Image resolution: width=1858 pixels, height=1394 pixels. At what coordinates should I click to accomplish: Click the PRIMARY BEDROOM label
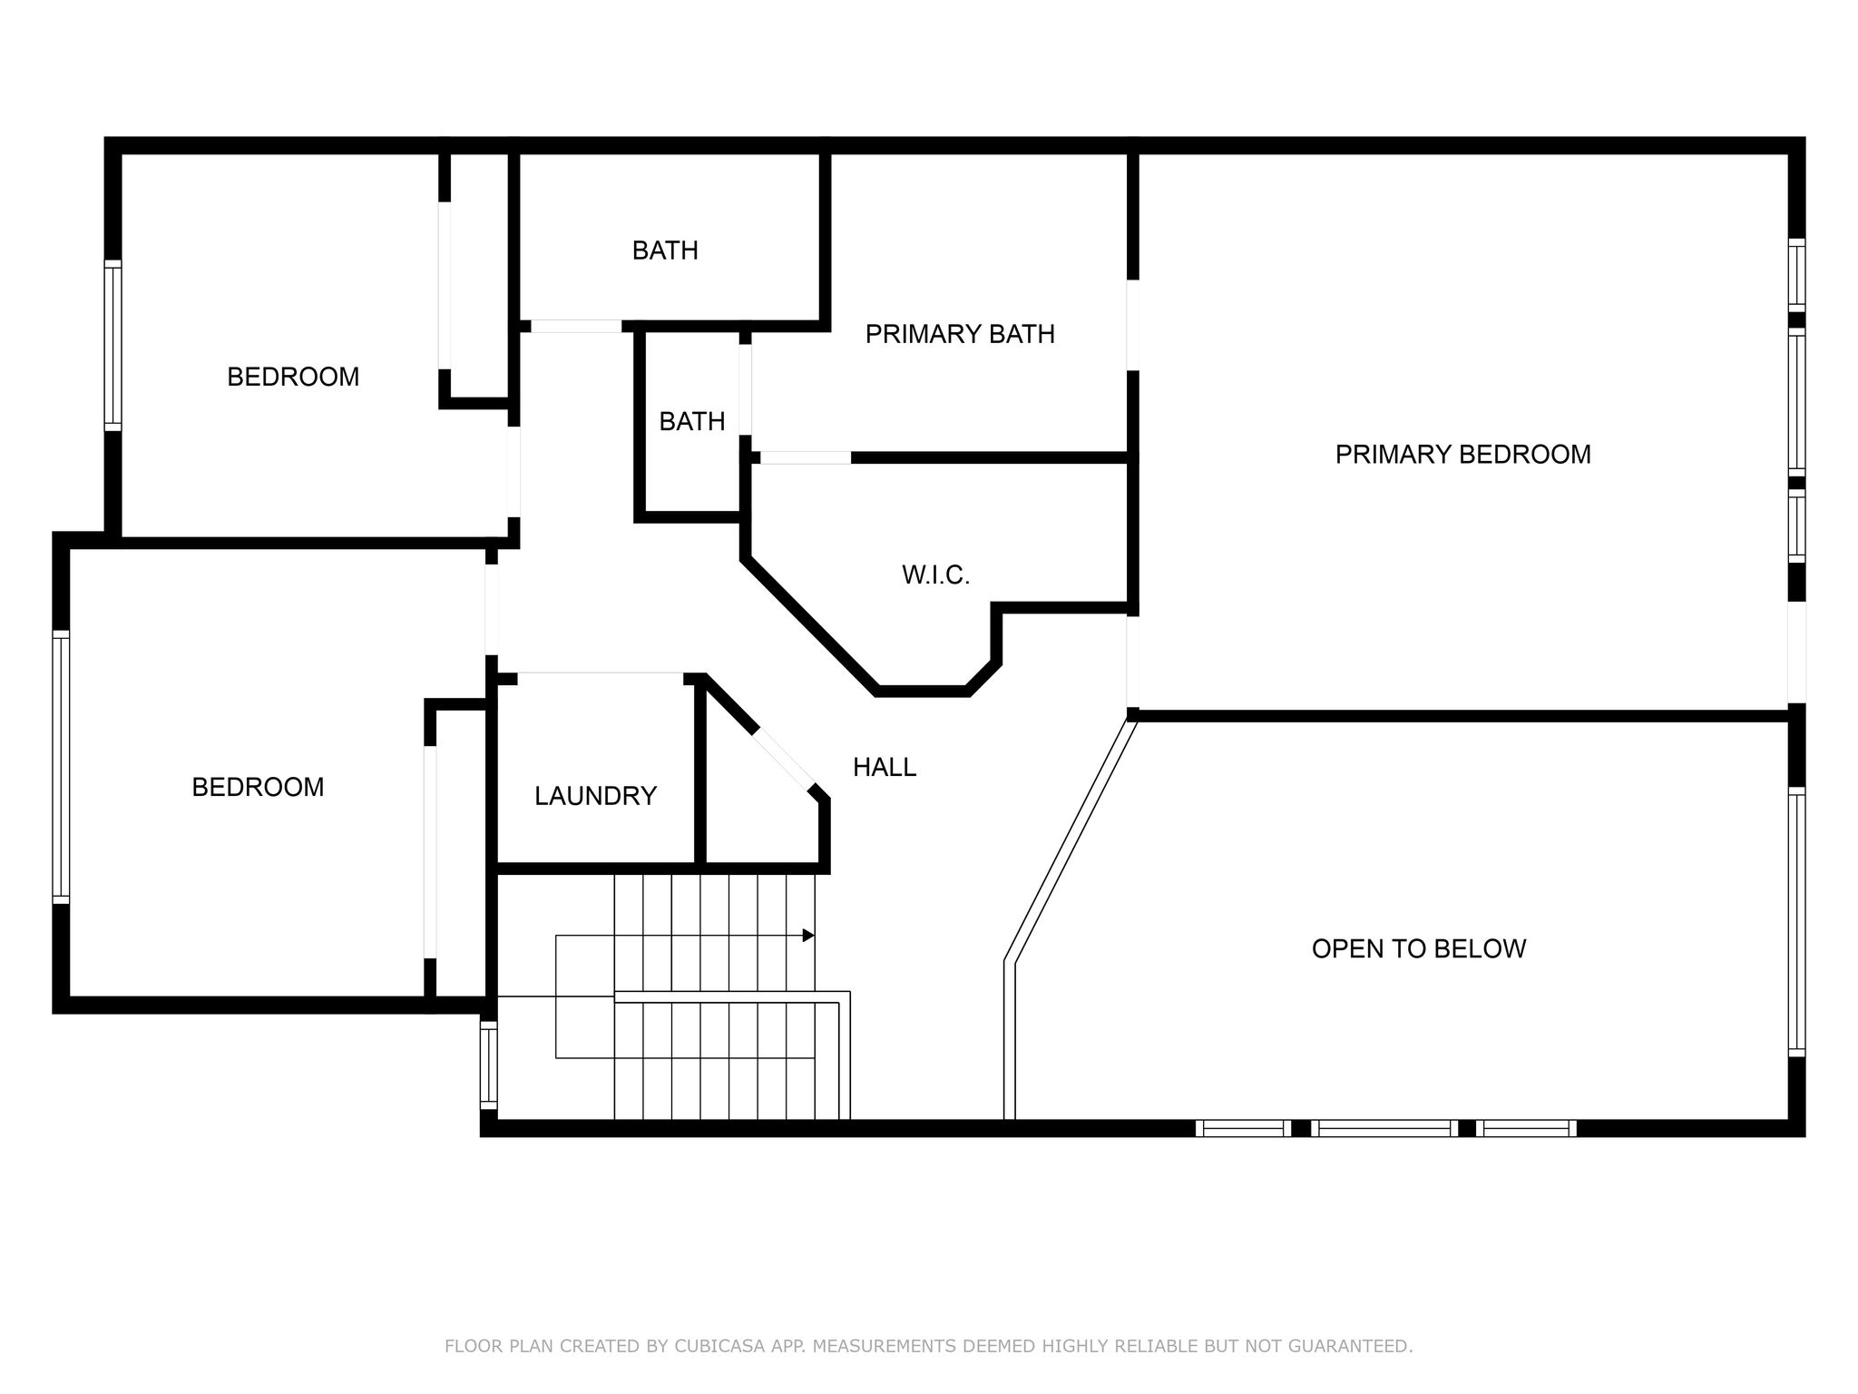click(x=1462, y=454)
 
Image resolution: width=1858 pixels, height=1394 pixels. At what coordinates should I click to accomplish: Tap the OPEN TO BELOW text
click(x=1419, y=948)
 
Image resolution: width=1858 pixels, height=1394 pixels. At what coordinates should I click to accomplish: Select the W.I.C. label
click(x=935, y=574)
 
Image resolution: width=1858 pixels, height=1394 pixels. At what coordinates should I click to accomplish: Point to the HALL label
click(x=885, y=767)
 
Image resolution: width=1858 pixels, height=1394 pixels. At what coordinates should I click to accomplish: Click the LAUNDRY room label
click(x=595, y=796)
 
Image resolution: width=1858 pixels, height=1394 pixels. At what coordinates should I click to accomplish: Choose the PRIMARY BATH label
click(x=960, y=334)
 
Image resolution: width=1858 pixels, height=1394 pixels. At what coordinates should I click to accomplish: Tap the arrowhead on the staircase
click(x=808, y=935)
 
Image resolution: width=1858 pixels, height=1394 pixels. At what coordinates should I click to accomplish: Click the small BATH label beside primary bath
click(x=692, y=421)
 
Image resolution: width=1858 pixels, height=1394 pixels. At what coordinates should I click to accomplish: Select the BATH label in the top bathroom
click(x=665, y=250)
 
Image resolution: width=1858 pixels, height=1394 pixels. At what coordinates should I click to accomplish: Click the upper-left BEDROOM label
click(x=293, y=377)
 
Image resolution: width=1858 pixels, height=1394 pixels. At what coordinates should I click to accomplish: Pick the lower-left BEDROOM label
click(x=258, y=787)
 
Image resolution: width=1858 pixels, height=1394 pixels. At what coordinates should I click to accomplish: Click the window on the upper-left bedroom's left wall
click(x=112, y=345)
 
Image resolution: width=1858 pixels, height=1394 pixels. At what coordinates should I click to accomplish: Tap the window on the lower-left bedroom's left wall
click(x=61, y=767)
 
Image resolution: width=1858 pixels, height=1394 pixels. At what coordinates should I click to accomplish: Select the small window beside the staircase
click(x=488, y=1065)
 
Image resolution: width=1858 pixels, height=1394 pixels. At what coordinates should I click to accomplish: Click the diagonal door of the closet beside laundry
click(x=785, y=759)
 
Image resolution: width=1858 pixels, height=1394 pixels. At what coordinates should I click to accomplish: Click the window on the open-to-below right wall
click(x=1796, y=922)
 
